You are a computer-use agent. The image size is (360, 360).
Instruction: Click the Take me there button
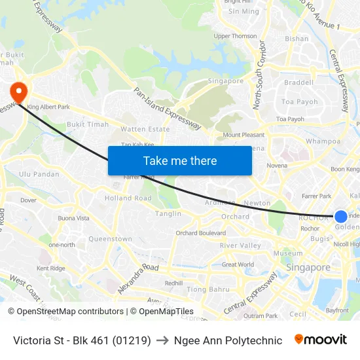tap(180, 160)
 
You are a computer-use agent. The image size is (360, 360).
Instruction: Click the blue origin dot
tap(341, 217)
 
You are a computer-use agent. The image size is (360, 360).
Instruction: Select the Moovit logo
tap(320, 340)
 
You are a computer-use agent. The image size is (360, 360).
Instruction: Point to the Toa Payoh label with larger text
tap(299, 102)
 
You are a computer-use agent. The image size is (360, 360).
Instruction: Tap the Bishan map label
tap(297, 39)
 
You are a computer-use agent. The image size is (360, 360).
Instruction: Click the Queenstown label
tap(110, 240)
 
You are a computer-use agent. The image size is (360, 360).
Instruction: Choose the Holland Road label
tap(128, 198)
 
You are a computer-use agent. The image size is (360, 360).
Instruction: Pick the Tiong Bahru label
tap(208, 289)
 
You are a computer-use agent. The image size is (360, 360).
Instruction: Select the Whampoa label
tap(323, 141)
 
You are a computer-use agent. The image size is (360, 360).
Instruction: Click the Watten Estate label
tap(145, 130)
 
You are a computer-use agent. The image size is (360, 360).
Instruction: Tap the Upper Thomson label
tap(235, 37)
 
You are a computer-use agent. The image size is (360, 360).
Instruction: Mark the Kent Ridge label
tap(51, 268)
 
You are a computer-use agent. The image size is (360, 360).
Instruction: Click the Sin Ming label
tap(243, 11)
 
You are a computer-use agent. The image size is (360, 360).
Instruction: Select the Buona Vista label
tap(74, 218)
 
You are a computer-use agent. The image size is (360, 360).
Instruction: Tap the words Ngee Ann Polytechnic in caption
tap(228, 340)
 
